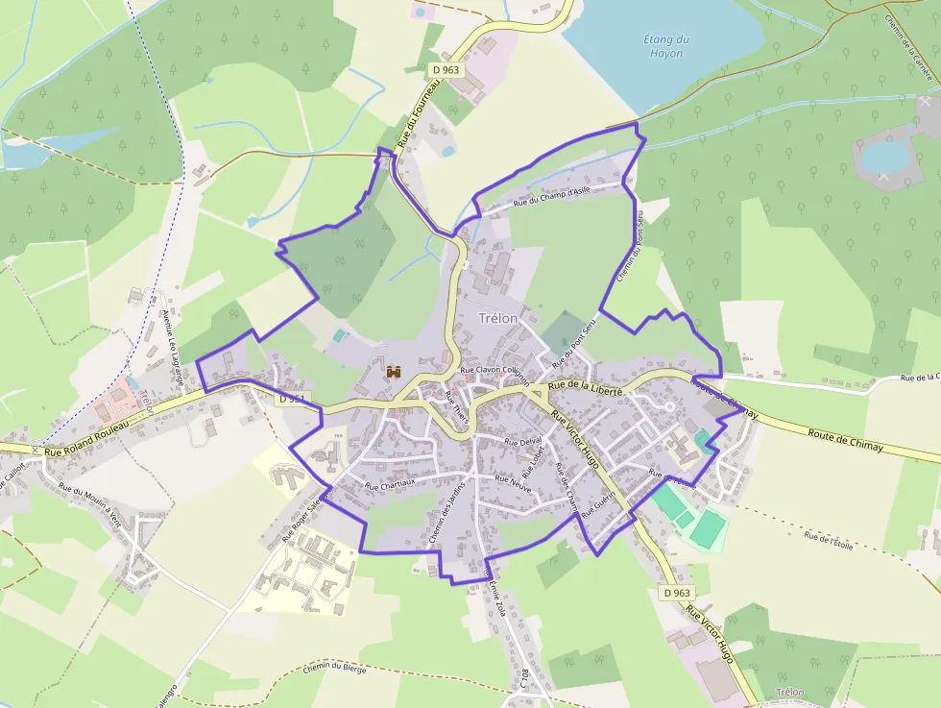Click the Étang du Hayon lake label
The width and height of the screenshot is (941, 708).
pyautogui.click(x=665, y=46)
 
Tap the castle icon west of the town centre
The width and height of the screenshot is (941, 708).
pyautogui.click(x=393, y=371)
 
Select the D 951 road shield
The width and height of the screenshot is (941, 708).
pyautogui.click(x=292, y=398)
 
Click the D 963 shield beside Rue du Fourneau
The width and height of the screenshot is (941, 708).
pyautogui.click(x=446, y=70)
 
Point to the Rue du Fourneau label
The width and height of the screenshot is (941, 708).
pyautogui.click(x=418, y=113)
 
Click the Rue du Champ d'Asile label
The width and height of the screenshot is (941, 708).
pyautogui.click(x=551, y=196)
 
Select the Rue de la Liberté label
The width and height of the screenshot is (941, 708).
pyautogui.click(x=586, y=388)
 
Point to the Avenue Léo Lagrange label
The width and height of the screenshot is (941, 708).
pyautogui.click(x=172, y=349)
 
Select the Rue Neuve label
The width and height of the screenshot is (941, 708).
pyautogui.click(x=513, y=480)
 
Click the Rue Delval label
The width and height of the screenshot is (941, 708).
pyautogui.click(x=524, y=441)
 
